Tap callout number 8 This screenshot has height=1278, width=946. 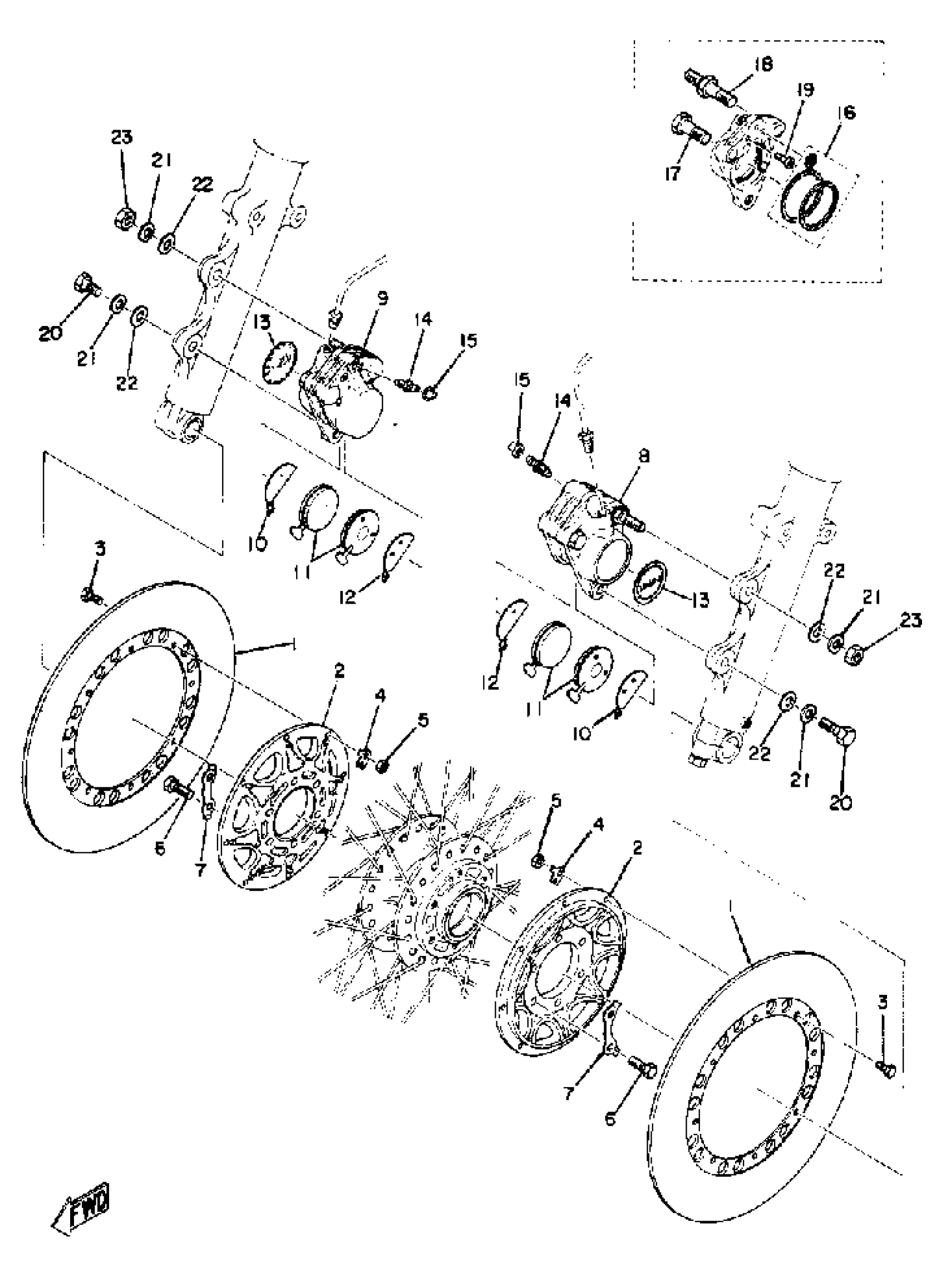pyautogui.click(x=644, y=456)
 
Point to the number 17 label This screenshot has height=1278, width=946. pyautogui.click(x=672, y=173)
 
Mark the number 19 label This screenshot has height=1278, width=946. pyautogui.click(x=805, y=90)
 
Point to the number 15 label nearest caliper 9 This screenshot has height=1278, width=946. pyautogui.click(x=469, y=341)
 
